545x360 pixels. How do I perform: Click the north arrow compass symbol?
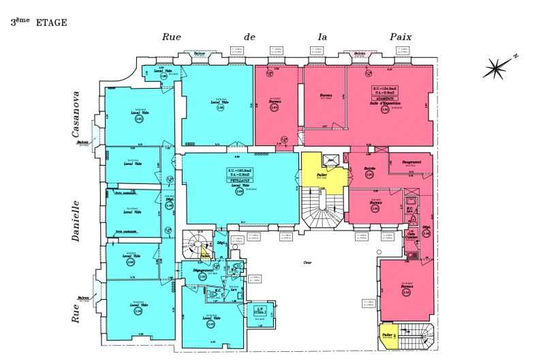point(500,67)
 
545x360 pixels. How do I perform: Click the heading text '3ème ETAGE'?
point(39,22)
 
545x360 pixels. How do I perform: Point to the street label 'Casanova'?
point(76,115)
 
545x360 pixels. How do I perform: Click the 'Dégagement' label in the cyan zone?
point(204,271)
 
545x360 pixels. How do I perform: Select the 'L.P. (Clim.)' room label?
point(258,311)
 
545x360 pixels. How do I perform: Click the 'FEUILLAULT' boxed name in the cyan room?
point(238,181)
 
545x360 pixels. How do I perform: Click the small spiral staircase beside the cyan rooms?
point(196,243)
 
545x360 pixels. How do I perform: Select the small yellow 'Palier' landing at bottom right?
point(387,336)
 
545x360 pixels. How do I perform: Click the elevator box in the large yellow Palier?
point(332,160)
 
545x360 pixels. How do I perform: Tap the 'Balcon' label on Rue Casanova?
point(83,142)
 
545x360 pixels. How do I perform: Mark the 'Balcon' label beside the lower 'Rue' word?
point(83,297)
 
